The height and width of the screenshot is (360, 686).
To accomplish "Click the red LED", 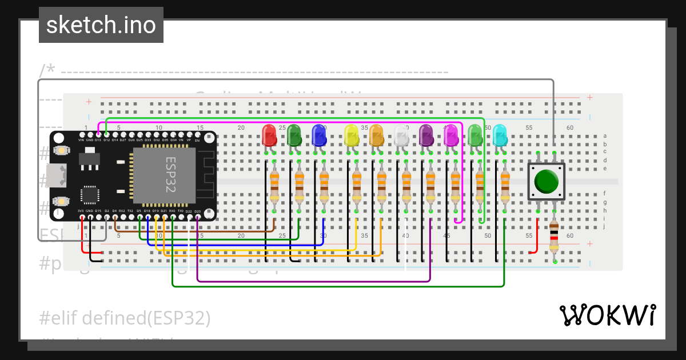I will (x=269, y=135).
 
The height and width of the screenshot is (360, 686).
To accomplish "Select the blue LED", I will (x=318, y=135).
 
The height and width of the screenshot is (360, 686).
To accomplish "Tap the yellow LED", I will (x=351, y=135).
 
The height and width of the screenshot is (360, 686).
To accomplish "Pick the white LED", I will (x=401, y=135).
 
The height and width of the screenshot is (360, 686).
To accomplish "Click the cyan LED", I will (x=500, y=135).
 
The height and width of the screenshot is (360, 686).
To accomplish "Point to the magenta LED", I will (x=451, y=135).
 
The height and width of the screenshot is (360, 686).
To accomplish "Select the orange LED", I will (x=376, y=135).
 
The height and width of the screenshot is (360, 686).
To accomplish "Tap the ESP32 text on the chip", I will (x=170, y=175).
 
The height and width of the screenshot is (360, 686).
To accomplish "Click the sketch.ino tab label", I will (x=101, y=25).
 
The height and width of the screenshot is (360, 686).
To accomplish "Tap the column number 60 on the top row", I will (x=569, y=128).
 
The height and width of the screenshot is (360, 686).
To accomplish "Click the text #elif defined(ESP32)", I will (x=126, y=318).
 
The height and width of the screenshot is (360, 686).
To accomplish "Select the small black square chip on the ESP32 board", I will (x=90, y=194).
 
